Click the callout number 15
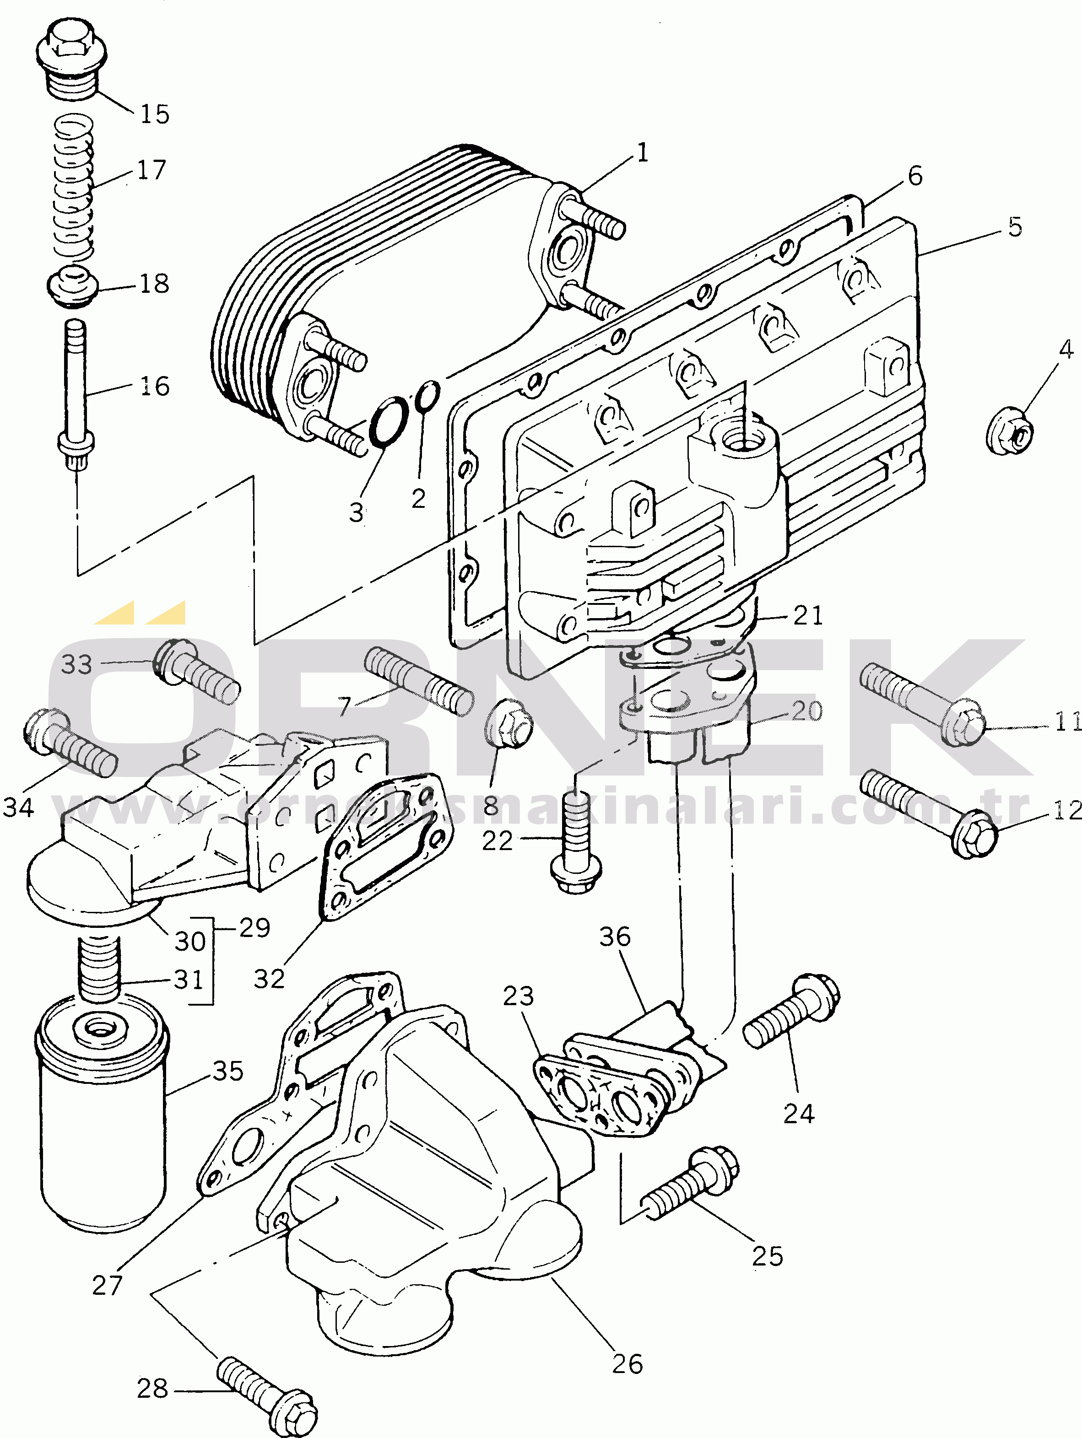coord(155,114)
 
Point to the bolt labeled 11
coord(923,704)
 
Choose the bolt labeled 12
coord(929,813)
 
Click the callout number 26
coord(628,1364)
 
